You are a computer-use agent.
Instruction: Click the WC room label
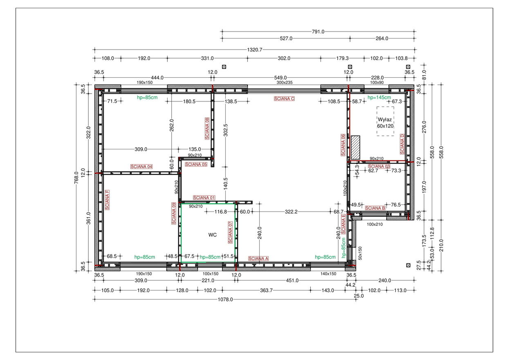(x=213, y=235)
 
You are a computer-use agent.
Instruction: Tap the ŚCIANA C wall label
(x=284, y=99)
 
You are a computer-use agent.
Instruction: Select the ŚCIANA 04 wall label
(x=141, y=166)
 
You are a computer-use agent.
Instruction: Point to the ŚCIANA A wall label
(x=258, y=259)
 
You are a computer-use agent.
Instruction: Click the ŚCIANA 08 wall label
(x=207, y=128)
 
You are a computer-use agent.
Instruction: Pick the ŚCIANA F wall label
(x=107, y=200)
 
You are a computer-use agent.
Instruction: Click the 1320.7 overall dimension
(x=254, y=49)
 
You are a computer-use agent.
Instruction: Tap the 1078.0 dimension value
(x=225, y=299)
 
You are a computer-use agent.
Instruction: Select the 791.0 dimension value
(x=318, y=32)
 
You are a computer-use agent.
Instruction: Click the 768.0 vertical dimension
(x=76, y=178)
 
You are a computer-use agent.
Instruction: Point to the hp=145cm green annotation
(x=379, y=97)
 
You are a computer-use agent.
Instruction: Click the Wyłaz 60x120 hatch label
(x=385, y=123)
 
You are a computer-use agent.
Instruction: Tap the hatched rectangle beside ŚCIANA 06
(x=355, y=147)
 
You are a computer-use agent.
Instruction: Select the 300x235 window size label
(x=285, y=83)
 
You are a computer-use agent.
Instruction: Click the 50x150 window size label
(x=360, y=253)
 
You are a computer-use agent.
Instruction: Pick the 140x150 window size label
(x=328, y=274)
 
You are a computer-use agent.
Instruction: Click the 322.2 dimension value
(x=291, y=212)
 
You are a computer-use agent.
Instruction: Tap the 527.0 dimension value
(x=286, y=38)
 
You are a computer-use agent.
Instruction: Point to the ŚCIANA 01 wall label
(x=204, y=198)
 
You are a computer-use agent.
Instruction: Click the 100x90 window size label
(x=377, y=83)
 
